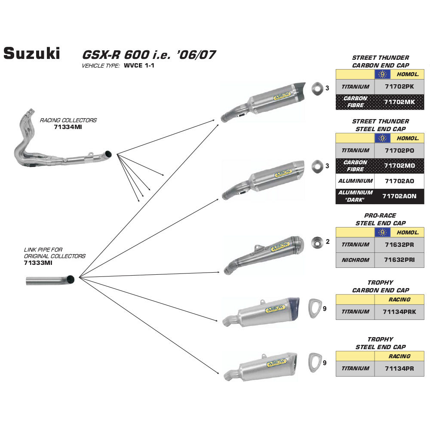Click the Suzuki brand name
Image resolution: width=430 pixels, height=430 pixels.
[x=32, y=53]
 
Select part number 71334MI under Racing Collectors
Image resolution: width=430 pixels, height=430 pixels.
[x=68, y=128]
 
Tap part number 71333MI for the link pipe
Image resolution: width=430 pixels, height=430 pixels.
[x=38, y=263]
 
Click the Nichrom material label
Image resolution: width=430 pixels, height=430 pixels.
[x=355, y=260]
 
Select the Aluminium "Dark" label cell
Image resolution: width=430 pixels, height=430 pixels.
[x=355, y=196]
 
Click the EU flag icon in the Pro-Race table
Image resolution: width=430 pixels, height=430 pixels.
[x=382, y=232]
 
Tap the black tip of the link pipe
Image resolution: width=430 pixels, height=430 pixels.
[x=71, y=279]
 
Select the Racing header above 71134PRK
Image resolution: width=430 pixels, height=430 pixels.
[x=399, y=299]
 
